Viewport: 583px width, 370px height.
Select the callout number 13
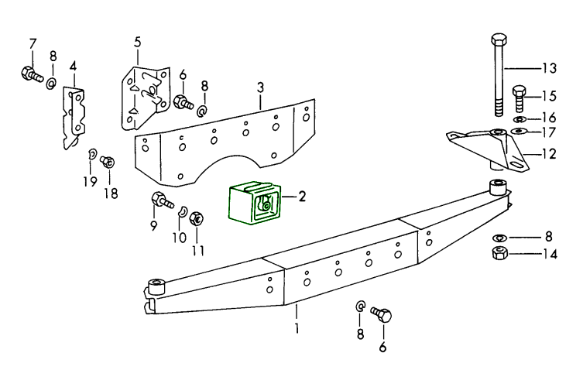click(x=549, y=68)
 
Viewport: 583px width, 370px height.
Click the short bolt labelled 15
click(x=520, y=98)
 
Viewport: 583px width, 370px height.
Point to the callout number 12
click(x=549, y=153)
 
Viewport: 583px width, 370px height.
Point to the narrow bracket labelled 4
click(x=74, y=116)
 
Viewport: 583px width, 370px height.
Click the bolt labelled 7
click(x=32, y=75)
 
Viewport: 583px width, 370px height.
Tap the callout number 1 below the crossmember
click(x=297, y=329)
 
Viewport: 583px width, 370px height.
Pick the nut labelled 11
click(x=197, y=218)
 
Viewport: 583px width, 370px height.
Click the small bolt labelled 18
click(x=108, y=162)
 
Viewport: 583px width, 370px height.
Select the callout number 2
click(x=303, y=197)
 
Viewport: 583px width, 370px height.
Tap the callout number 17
click(x=549, y=132)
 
